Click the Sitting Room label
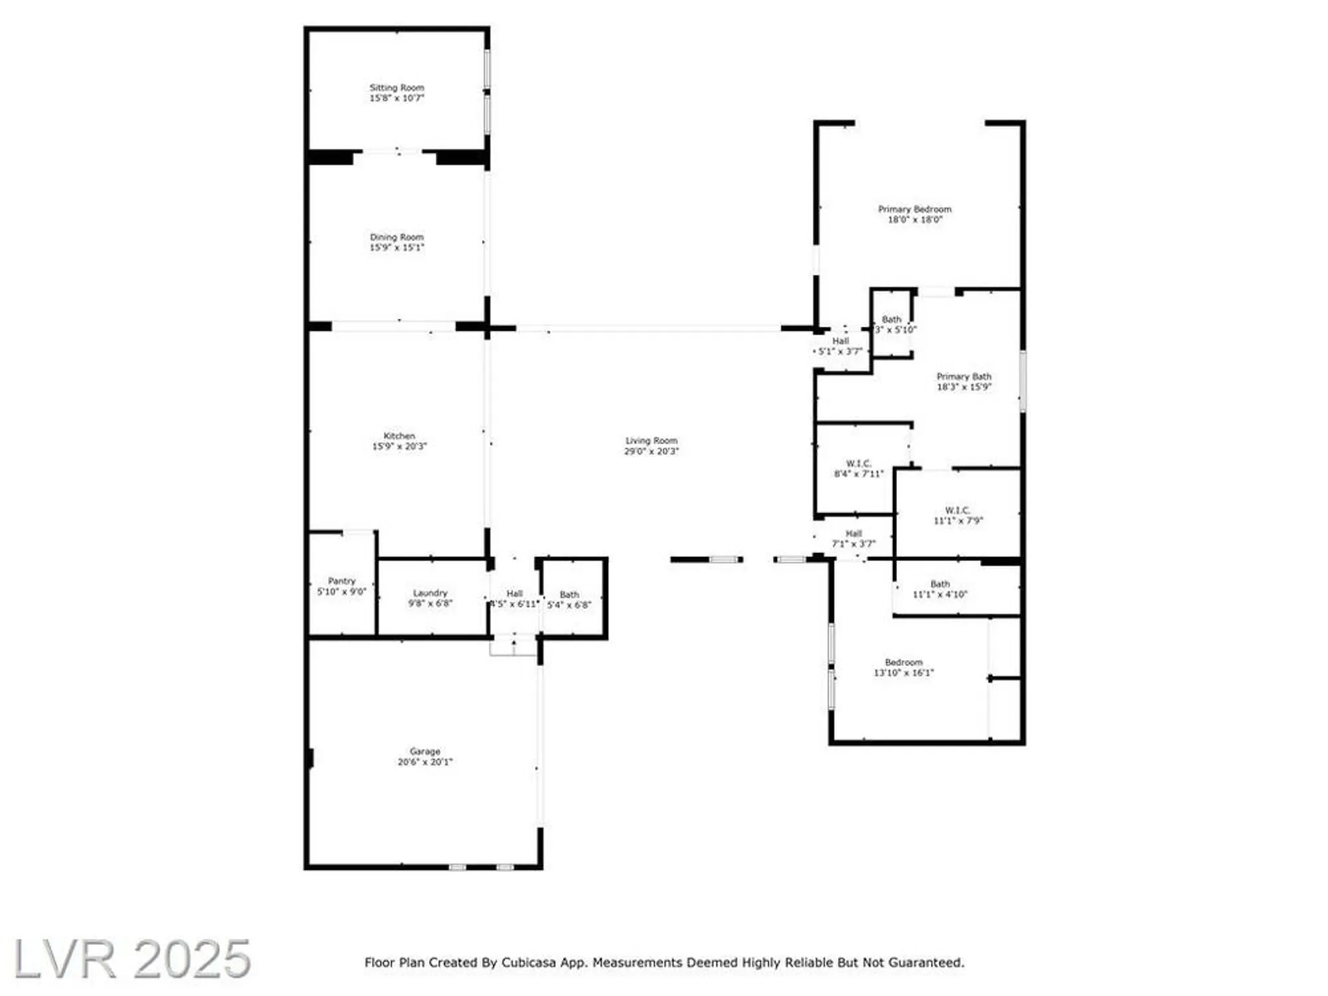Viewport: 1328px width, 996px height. point(396,88)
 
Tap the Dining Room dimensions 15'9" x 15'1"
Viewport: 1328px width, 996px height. point(396,248)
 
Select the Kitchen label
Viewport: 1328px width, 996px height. point(399,436)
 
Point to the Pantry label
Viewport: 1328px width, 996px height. point(341,581)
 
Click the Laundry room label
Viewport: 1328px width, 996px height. point(430,593)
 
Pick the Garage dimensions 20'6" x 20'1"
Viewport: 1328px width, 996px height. point(425,762)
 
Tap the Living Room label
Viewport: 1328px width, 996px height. point(651,441)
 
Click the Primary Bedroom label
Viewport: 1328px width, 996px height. point(914,209)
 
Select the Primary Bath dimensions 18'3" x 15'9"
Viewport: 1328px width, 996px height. point(963,387)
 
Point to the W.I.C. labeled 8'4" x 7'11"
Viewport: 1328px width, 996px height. point(859,463)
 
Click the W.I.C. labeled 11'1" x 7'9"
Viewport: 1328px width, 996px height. point(957,511)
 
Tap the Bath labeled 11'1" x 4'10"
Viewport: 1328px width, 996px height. point(940,584)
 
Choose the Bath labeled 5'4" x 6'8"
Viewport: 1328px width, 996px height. point(569,595)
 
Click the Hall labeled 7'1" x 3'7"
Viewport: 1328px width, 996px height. point(853,534)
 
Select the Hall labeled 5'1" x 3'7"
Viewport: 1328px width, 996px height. point(841,341)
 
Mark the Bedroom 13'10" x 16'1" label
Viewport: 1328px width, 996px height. point(904,663)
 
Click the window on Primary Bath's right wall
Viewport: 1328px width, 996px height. point(1023,381)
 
